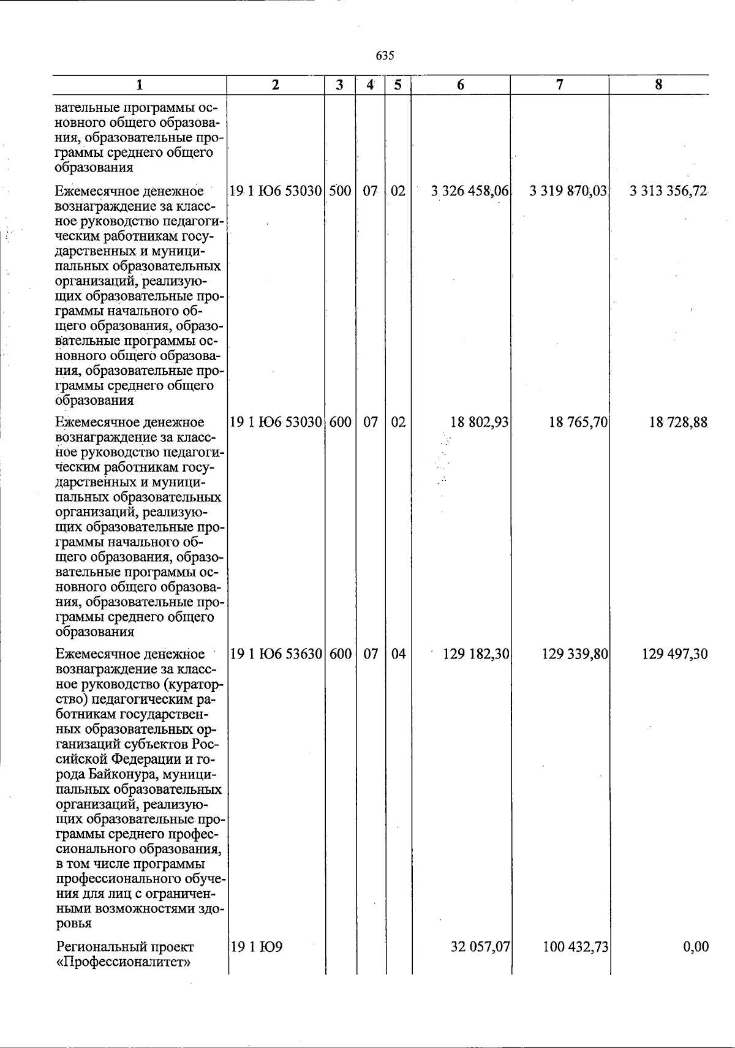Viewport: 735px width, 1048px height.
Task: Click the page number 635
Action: [x=385, y=56]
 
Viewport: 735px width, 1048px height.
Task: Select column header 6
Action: [x=460, y=85]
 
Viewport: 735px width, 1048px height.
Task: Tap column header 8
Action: [x=658, y=85]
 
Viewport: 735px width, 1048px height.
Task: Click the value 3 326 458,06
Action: [x=470, y=191]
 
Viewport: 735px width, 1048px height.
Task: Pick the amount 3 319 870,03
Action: [x=568, y=191]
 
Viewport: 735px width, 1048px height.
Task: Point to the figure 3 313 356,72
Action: [x=668, y=191]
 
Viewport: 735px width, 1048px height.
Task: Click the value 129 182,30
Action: [x=476, y=654]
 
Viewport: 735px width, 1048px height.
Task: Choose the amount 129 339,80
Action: [x=575, y=654]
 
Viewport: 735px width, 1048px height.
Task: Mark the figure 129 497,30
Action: [x=675, y=654]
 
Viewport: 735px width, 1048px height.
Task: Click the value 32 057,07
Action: [x=481, y=947]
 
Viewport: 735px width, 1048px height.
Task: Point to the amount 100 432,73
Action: [x=575, y=947]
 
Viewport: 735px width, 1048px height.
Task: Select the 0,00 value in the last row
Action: [x=696, y=947]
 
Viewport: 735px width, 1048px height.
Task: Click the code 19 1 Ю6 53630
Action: [x=276, y=654]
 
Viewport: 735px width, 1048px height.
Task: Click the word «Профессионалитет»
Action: [x=123, y=962]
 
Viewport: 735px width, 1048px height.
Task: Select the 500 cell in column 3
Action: [x=340, y=191]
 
